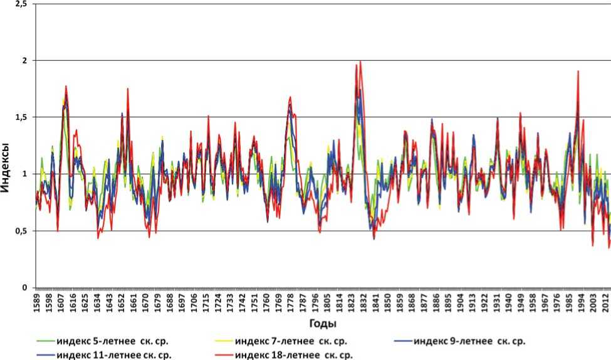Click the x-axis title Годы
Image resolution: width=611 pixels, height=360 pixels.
322,324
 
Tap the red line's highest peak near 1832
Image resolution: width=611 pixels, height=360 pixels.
360,61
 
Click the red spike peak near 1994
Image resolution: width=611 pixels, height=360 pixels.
578,71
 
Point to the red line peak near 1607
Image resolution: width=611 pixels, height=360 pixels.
65,86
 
